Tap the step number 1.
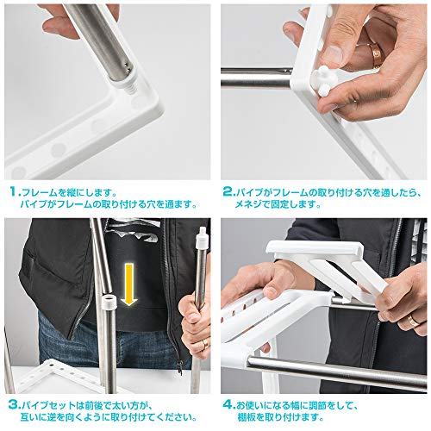(15, 191)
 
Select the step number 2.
(228, 191)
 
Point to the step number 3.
(14, 405)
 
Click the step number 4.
(228, 405)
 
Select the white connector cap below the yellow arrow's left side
(109, 301)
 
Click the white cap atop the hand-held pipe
(203, 237)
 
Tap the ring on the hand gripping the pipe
(205, 344)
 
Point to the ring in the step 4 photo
(414, 320)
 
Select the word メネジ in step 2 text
(249, 204)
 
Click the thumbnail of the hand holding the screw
(333, 54)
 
